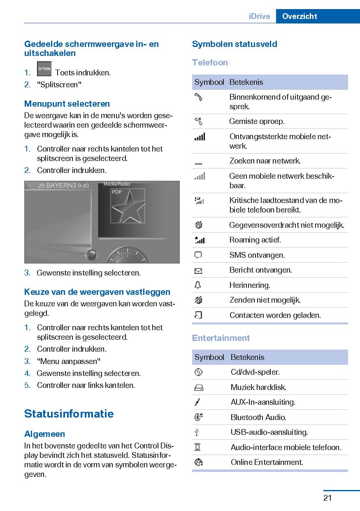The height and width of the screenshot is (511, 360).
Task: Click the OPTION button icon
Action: click(x=44, y=69)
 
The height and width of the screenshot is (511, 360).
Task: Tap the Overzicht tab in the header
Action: click(x=300, y=16)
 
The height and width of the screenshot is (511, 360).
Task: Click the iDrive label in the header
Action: click(x=259, y=16)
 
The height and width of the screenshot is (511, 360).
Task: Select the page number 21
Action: click(x=327, y=498)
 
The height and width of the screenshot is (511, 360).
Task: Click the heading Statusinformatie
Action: click(x=69, y=413)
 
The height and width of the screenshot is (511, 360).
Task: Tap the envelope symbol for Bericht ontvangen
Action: click(x=198, y=271)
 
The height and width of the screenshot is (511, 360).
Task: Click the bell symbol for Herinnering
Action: click(x=198, y=285)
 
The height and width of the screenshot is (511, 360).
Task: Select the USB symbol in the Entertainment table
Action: click(x=198, y=432)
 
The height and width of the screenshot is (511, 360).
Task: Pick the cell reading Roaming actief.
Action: click(x=255, y=240)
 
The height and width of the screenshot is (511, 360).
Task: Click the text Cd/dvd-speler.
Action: click(x=255, y=372)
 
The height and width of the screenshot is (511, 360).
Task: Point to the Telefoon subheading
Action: click(x=210, y=63)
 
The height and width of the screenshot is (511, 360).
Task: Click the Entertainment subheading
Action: click(x=221, y=338)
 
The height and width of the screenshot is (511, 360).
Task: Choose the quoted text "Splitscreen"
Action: click(x=59, y=85)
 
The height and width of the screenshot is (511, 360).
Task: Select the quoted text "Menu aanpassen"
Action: click(x=69, y=361)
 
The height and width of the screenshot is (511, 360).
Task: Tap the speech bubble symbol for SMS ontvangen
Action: click(x=198, y=255)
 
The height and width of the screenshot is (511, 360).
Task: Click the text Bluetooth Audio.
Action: click(x=258, y=417)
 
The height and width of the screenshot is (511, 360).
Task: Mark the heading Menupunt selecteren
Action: click(x=67, y=104)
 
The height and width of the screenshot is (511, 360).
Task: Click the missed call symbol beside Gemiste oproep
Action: click(x=198, y=121)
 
